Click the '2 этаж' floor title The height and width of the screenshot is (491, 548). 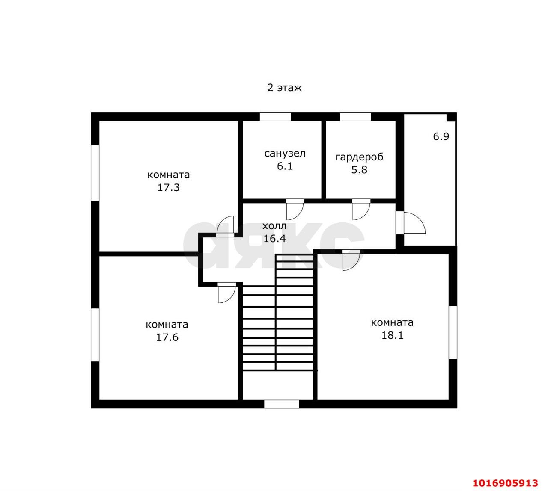284,88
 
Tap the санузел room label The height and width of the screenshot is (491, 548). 285,153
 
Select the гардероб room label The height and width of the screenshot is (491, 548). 359,157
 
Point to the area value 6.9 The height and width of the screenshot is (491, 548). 441,136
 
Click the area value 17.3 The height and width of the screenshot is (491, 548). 168,187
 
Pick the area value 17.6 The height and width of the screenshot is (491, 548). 167,337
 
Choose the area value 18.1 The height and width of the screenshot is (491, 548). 392,335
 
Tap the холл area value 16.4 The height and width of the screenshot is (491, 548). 274,238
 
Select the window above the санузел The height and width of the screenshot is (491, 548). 275,117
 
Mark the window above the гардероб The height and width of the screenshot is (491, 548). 355,117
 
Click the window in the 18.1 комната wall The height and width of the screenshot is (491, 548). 453,332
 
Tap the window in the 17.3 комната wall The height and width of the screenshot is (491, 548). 95,173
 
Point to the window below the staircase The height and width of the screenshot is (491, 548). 282,404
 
